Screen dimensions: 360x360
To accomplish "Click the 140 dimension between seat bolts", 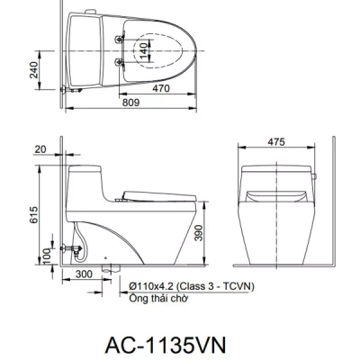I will tap(144, 49).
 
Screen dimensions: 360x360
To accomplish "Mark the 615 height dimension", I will tap(34, 214).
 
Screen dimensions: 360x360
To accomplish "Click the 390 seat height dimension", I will tap(209, 232).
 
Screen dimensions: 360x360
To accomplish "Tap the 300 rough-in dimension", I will tap(83, 274).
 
